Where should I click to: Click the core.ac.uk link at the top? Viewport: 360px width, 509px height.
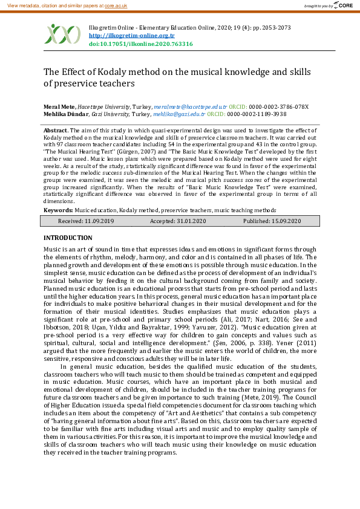coord(114,5)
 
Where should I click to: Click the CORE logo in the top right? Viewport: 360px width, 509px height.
coord(342,5)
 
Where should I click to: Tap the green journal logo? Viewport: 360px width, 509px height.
coord(62,34)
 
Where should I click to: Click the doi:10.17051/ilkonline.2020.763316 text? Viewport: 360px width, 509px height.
coord(140,44)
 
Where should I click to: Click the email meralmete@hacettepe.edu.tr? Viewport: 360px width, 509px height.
coord(190,106)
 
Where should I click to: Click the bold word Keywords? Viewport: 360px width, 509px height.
coord(58,210)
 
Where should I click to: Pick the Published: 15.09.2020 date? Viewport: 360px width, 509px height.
coord(272,221)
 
